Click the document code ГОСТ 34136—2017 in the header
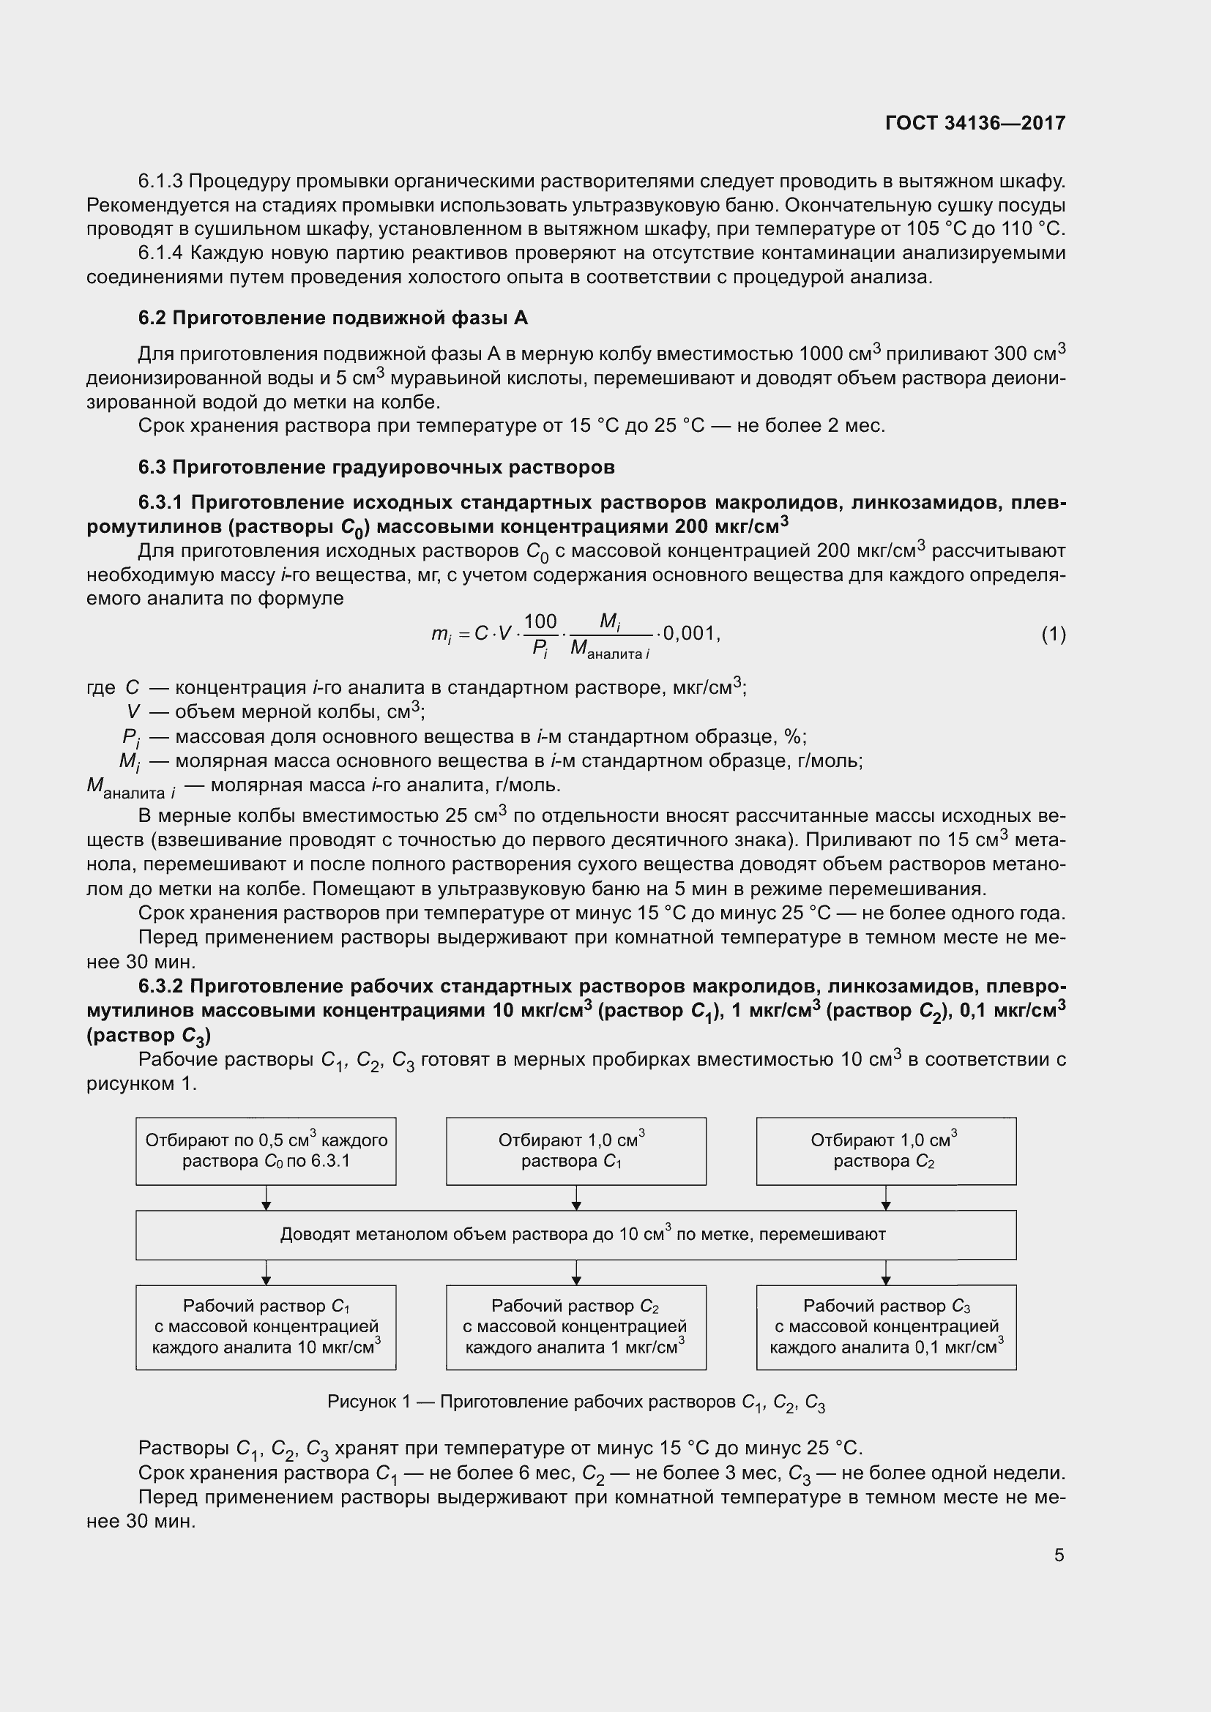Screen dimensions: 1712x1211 tap(975, 123)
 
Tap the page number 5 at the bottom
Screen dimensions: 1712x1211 tap(1059, 1555)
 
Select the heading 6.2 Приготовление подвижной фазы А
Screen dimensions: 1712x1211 tap(332, 318)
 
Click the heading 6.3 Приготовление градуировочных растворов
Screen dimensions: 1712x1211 tap(376, 468)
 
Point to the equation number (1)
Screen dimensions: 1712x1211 tap(1054, 635)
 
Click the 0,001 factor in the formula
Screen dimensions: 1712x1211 tap(690, 634)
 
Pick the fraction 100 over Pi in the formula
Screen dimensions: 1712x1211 tap(540, 635)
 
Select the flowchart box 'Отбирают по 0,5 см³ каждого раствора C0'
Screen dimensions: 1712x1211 tap(267, 1151)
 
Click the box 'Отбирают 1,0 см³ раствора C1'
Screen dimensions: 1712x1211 tap(575, 1151)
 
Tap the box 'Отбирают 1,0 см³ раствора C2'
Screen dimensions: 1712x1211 tap(886, 1151)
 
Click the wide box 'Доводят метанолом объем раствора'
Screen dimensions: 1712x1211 tap(575, 1234)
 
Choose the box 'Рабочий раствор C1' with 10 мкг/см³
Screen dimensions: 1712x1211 tap(267, 1326)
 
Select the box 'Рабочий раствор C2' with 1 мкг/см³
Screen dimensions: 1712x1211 tap(575, 1326)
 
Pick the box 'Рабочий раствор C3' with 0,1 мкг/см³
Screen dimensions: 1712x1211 tap(886, 1326)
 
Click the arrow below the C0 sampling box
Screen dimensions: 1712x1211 tap(267, 1197)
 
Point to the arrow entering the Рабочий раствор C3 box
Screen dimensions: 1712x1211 tap(886, 1272)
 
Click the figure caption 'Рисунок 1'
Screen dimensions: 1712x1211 tap(575, 1402)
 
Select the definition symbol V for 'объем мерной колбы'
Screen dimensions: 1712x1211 tap(133, 712)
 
